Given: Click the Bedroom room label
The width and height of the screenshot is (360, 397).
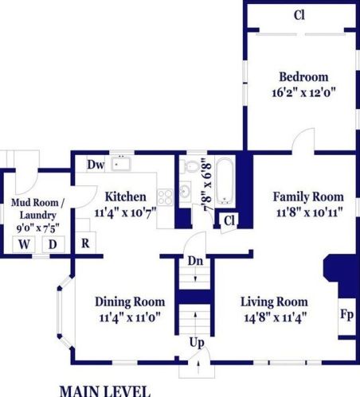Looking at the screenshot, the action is pos(303,77).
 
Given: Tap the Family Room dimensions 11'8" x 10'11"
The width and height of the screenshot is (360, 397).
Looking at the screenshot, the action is pos(310,212).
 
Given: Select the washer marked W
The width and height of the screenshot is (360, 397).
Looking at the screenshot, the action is pos(24,244).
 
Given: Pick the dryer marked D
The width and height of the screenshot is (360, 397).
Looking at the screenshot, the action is pos(53,244).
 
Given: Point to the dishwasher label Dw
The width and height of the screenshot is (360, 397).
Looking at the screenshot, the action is pos(96,165).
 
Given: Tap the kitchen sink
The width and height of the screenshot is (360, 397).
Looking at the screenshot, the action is pos(121,164).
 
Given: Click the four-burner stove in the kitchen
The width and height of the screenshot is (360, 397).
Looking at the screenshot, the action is pos(165,197).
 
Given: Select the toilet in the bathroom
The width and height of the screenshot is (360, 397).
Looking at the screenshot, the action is pos(190,166).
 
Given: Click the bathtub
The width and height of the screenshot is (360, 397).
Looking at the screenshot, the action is pos(225,181).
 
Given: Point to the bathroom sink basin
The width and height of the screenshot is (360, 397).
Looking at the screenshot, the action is pos(185,190).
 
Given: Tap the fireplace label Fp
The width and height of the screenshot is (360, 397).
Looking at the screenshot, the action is pos(347,315).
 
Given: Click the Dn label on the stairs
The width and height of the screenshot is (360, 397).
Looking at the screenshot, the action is pos(195,261).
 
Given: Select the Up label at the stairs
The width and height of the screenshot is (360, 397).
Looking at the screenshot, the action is pos(197,342).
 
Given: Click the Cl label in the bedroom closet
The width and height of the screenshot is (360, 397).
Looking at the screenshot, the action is pos(299,15).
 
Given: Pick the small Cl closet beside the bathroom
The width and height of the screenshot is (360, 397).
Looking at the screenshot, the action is pos(229,220).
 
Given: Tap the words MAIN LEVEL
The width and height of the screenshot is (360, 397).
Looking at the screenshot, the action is pos(105,391).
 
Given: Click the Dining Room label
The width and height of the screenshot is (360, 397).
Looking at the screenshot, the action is pos(130,302).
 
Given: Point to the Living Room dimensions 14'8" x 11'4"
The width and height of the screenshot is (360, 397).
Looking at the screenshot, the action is pos(276,317).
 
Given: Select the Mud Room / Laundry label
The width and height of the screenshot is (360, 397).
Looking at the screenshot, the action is pos(37,209).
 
